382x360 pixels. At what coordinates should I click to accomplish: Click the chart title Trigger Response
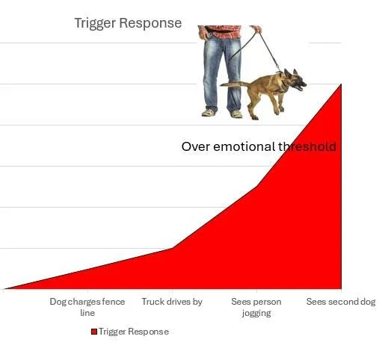pyautogui.click(x=128, y=23)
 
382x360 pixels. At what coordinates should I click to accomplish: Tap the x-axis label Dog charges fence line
pyautogui.click(x=87, y=306)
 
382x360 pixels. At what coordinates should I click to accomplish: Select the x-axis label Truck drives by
pyautogui.click(x=172, y=302)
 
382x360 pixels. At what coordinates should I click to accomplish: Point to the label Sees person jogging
pyautogui.click(x=256, y=307)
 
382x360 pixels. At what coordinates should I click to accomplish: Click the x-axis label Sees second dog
pyautogui.click(x=341, y=302)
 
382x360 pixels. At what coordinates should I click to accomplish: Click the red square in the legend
pyautogui.click(x=94, y=332)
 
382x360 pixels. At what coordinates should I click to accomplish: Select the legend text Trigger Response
pyautogui.click(x=134, y=332)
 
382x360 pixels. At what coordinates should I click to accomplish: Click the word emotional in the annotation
pyautogui.click(x=244, y=146)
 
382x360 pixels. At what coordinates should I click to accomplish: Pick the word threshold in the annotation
pyautogui.click(x=306, y=146)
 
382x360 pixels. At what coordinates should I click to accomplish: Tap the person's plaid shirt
pyautogui.click(x=224, y=32)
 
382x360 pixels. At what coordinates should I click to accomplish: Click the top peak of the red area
pyautogui.click(x=341, y=84)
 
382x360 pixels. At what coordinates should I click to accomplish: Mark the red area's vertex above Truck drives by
pyautogui.click(x=172, y=248)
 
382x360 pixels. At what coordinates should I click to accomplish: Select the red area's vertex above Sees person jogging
pyautogui.click(x=256, y=185)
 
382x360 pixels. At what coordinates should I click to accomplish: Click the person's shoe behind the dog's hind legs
pyautogui.click(x=236, y=114)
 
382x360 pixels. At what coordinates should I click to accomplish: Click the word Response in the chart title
pyautogui.click(x=153, y=23)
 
